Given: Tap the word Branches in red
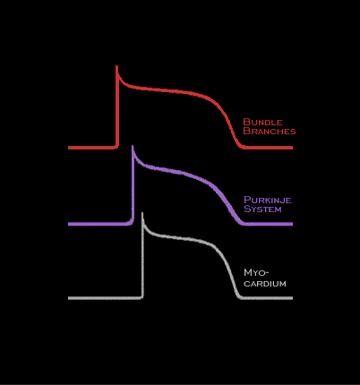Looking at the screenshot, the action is click(x=270, y=131).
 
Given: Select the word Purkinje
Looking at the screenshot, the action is click(x=268, y=200).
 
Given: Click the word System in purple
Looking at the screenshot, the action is click(x=262, y=209).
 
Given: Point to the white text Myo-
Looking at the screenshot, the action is click(x=256, y=273).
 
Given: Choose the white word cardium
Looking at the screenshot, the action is click(x=265, y=283).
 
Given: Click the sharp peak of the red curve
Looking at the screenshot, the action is click(x=116, y=66).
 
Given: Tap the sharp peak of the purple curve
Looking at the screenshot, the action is click(x=133, y=146).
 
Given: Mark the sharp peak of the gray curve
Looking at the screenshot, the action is click(x=142, y=213).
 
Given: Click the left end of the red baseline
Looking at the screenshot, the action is click(x=69, y=148).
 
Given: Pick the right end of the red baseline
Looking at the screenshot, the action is click(x=292, y=148).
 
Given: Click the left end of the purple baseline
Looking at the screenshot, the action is click(x=69, y=224).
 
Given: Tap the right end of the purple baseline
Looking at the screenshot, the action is click(x=292, y=224).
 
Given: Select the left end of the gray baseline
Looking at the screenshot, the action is click(x=69, y=298).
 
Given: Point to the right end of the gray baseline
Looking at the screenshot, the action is click(x=292, y=298).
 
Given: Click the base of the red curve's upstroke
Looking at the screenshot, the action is click(x=116, y=147).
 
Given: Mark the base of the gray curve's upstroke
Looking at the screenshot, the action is click(x=142, y=297).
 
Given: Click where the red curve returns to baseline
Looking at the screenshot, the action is click(x=243, y=147).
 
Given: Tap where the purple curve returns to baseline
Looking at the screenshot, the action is click(x=244, y=224).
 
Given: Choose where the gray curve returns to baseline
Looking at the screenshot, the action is click(x=240, y=297).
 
